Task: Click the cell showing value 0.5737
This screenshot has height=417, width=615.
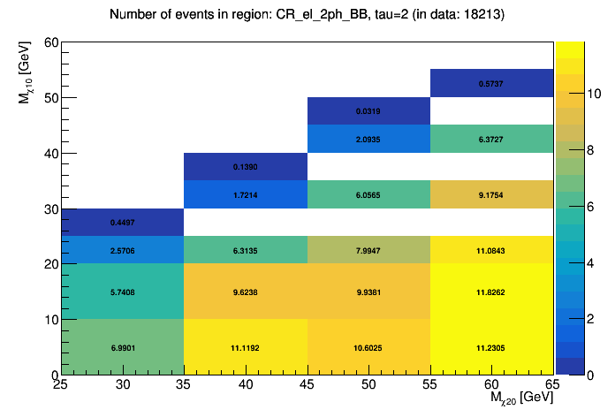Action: [x=492, y=83]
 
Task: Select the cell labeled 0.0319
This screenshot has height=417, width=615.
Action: [x=368, y=111]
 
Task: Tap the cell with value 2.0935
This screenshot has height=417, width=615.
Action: [x=368, y=139]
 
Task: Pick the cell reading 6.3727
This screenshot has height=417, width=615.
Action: [x=492, y=139]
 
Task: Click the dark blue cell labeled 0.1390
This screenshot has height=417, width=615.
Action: [x=246, y=167]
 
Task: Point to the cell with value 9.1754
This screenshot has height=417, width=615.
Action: [x=492, y=194]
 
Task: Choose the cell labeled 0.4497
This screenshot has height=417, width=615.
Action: [x=122, y=222]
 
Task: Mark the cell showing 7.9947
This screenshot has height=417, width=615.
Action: [x=368, y=250]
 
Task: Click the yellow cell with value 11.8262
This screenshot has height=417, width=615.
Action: [x=492, y=292]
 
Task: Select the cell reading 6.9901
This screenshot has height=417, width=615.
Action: [x=122, y=347]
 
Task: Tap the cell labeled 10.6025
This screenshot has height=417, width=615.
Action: [x=368, y=347]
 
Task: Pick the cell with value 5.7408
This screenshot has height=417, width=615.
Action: [x=122, y=292]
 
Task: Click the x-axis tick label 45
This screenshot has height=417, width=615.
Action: [x=307, y=385]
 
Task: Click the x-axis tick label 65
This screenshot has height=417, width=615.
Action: [x=552, y=385]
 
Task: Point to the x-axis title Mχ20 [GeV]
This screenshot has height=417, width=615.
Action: [x=521, y=398]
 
